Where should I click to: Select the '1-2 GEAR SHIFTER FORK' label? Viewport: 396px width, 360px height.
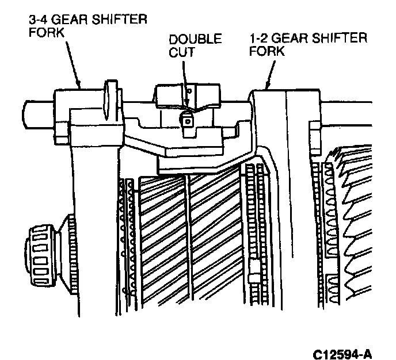pos(309,44)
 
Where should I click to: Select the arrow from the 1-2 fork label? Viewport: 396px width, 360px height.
pos(270,72)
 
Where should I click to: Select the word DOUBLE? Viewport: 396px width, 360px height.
pos(195,40)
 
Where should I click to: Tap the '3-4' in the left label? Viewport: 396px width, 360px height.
pos(39,20)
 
